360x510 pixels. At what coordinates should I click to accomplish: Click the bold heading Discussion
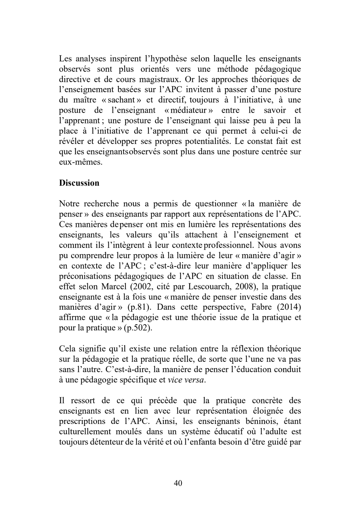[79, 183]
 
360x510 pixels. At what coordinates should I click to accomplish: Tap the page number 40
[178, 483]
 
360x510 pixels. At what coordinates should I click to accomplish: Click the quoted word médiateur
[190, 110]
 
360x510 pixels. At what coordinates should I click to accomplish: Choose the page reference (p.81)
[139, 307]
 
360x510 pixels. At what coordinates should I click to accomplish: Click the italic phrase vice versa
[186, 380]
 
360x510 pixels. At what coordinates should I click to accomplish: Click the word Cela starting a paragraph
[67, 348]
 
